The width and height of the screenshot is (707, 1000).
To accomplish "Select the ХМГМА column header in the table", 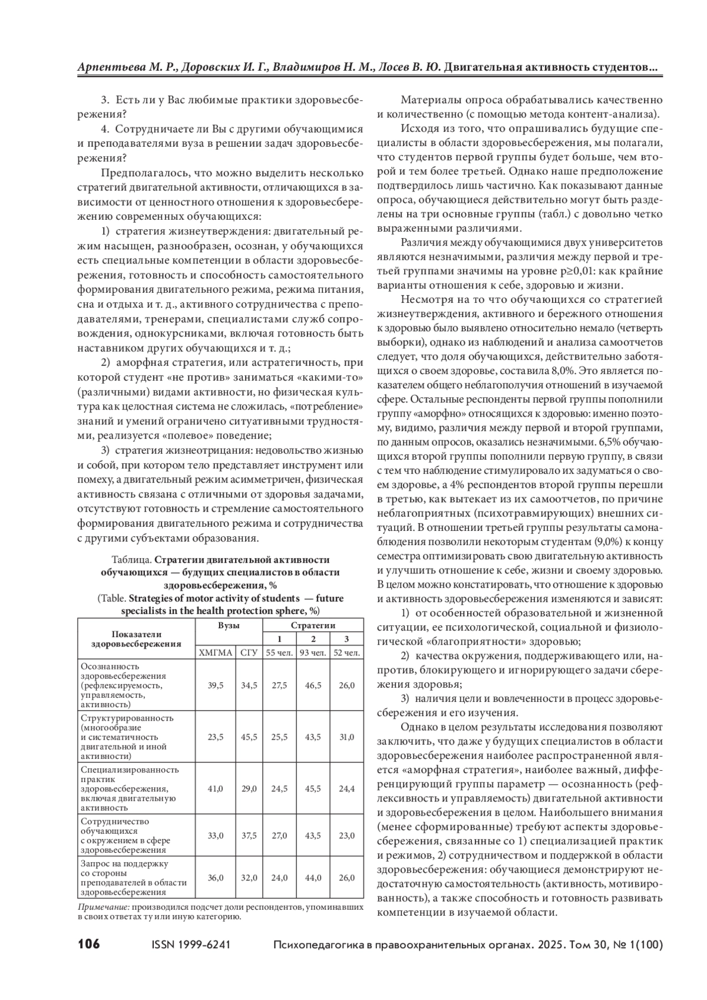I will [x=216, y=652].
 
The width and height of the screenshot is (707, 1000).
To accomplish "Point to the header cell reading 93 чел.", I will [x=313, y=652].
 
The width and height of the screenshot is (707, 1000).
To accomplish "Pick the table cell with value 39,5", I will [x=216, y=685].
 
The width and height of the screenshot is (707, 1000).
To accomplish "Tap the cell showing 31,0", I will [x=347, y=737].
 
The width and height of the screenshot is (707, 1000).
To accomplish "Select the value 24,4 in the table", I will [x=347, y=788].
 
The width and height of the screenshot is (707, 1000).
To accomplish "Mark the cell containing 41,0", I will [x=216, y=788].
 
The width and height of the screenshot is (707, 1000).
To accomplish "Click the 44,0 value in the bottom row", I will [x=313, y=877].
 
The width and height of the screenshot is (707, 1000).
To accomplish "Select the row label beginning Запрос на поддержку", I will [x=124, y=864].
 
